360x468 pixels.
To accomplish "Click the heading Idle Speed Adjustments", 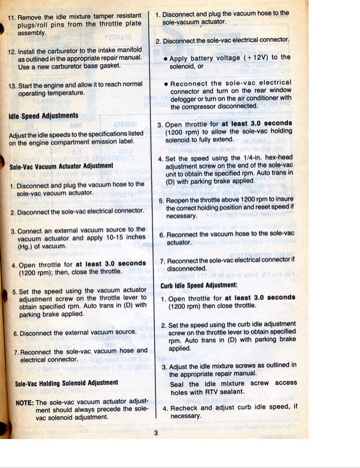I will coord(43,115).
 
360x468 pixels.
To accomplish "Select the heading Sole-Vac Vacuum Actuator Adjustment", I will coord(61,166).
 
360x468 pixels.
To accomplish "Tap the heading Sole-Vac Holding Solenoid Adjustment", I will coord(66,383).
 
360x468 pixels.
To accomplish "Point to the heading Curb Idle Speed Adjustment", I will coord(199,285).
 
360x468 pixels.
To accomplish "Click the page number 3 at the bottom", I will coord(155,433).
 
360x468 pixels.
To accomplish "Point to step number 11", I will coord(11,17).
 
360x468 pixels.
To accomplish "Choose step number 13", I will coord(11,85).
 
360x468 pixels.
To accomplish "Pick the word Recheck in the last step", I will coord(184,408).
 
